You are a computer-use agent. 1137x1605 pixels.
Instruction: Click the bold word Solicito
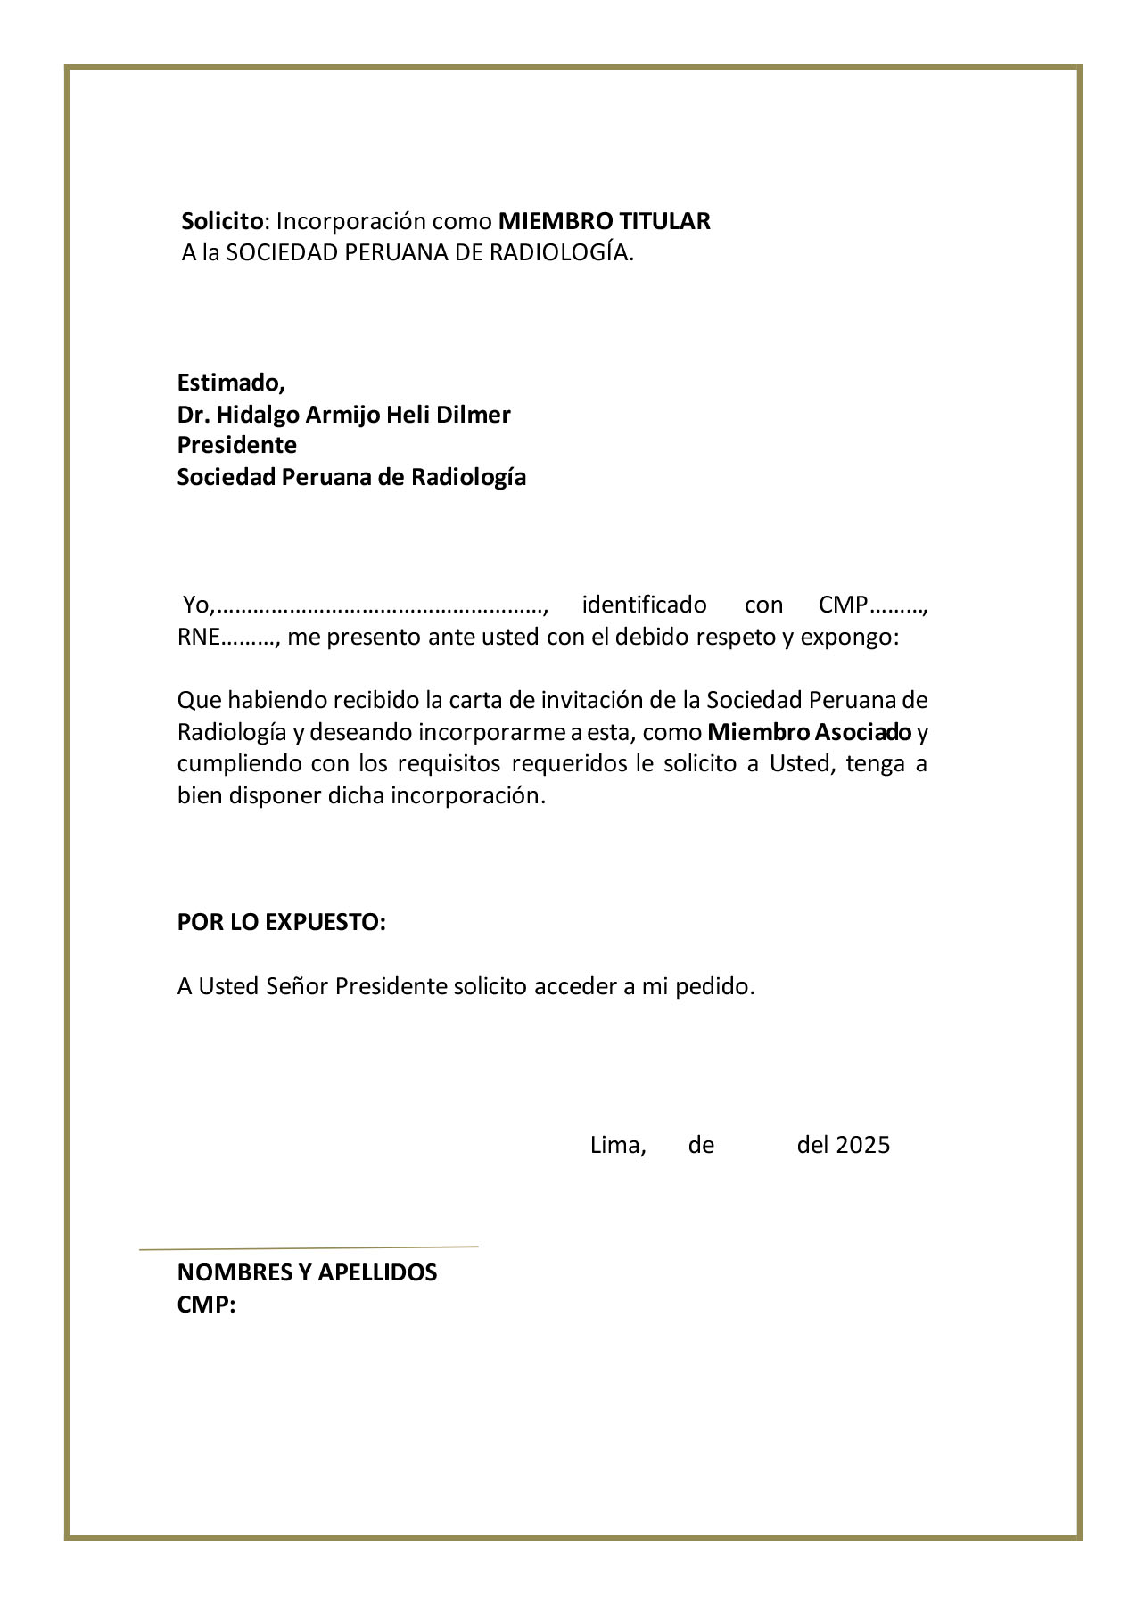point(222,221)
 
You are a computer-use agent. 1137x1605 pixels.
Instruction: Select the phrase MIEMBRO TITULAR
point(604,221)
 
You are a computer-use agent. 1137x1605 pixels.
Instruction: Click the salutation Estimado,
point(230,383)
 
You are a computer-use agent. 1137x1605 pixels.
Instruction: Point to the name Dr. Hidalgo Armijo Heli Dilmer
point(343,415)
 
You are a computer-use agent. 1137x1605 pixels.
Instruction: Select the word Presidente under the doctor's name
point(236,445)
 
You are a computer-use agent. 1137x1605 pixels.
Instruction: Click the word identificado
point(644,605)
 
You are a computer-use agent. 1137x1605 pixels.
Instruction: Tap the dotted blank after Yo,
point(381,607)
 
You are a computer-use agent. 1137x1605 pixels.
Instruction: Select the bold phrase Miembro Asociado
point(810,733)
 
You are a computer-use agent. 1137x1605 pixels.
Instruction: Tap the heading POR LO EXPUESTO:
point(281,922)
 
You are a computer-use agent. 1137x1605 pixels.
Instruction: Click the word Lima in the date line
point(616,1145)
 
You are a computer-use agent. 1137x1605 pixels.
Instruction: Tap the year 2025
point(862,1145)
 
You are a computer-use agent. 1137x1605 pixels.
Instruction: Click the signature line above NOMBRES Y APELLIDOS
point(309,1247)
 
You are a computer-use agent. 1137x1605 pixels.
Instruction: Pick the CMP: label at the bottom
point(206,1305)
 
